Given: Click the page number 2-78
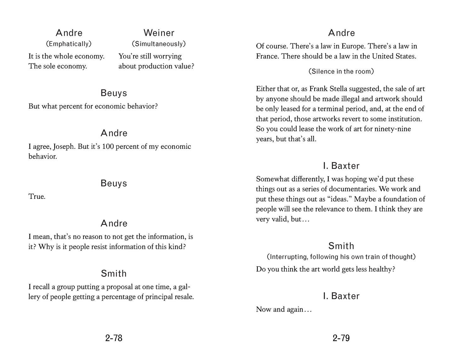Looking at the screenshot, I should click(114, 338).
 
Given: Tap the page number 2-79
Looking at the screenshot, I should click(341, 338).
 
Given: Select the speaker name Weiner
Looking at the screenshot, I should click(159, 33).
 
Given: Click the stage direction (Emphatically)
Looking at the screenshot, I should click(69, 44).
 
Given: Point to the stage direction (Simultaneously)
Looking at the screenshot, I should click(159, 44).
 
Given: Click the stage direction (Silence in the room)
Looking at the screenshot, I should click(341, 71).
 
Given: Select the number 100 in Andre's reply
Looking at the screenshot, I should click(107, 147).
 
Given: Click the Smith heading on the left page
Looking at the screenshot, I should click(114, 273).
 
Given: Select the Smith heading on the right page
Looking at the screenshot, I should click(341, 246).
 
